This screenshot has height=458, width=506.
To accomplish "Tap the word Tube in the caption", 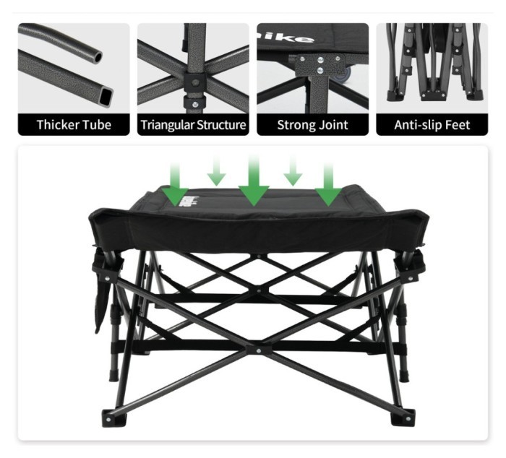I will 98,125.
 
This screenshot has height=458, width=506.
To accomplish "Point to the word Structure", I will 222,125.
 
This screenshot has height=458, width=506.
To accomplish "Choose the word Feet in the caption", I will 460,125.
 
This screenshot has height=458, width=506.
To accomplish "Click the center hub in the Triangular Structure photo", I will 193,79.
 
